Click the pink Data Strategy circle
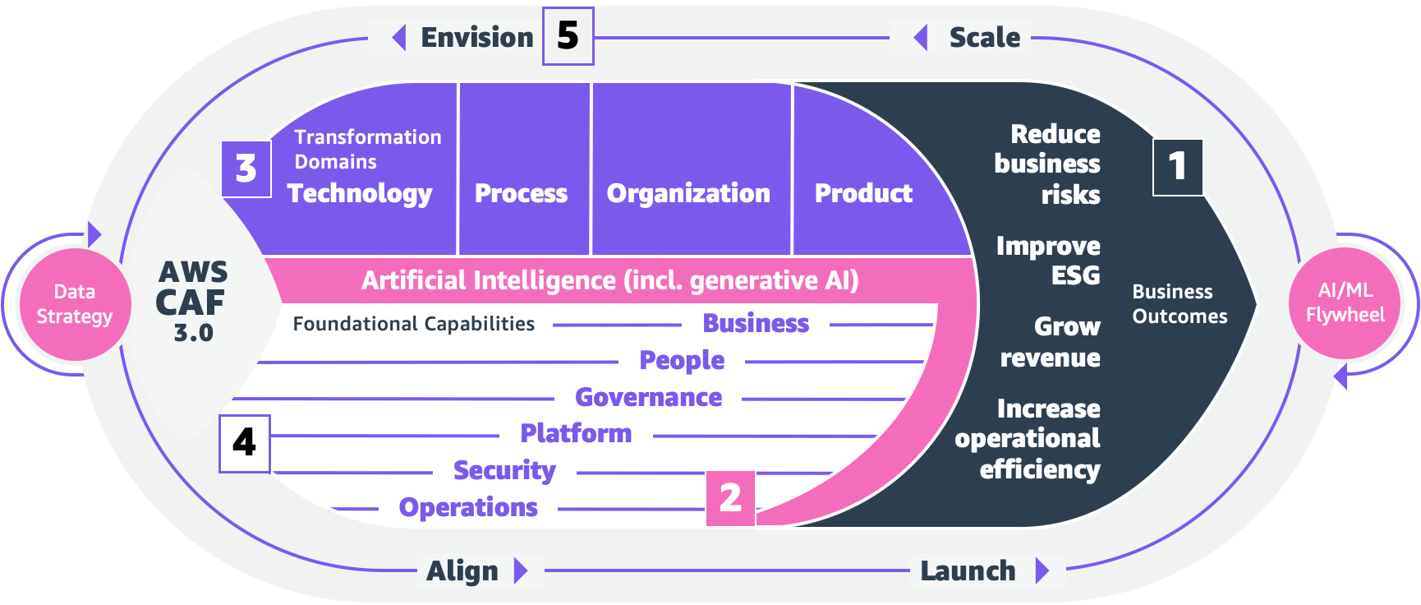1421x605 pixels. click(74, 304)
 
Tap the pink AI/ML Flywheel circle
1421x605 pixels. click(1345, 303)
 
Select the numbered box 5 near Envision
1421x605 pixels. click(568, 36)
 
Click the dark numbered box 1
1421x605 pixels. click(1177, 167)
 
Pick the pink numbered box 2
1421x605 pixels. click(730, 498)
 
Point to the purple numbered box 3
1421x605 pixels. click(246, 169)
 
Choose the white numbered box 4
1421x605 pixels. click(244, 443)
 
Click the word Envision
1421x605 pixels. click(476, 38)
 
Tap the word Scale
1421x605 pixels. click(984, 38)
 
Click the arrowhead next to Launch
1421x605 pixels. click(1042, 570)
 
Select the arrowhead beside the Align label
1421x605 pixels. click(520, 570)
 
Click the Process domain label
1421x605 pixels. click(521, 193)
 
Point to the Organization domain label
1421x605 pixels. click(688, 193)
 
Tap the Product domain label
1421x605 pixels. click(863, 193)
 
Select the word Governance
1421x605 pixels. click(648, 397)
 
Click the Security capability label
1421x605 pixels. click(504, 470)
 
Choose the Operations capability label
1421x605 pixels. click(468, 507)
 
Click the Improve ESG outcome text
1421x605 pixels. click(1048, 260)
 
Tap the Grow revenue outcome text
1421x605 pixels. click(1051, 342)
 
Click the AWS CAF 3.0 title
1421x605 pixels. click(192, 301)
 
